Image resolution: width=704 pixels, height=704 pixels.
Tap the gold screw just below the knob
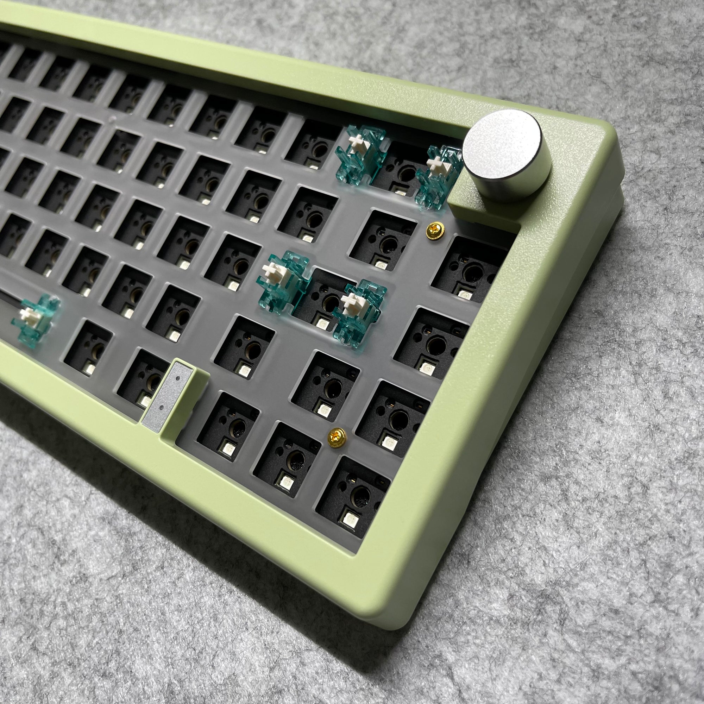click(x=433, y=229)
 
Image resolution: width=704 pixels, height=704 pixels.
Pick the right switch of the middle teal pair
click(x=359, y=312)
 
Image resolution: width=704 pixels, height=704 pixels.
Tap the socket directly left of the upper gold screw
click(x=386, y=237)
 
